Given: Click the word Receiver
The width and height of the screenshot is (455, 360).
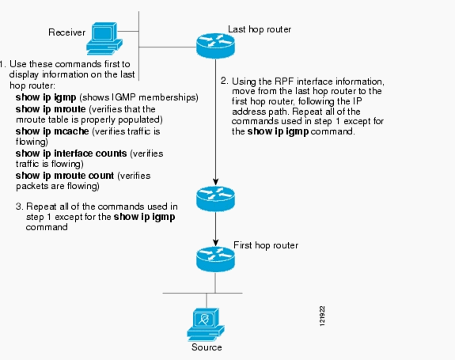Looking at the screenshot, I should [x=67, y=32].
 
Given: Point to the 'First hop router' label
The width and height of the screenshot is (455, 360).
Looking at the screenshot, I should [x=266, y=246].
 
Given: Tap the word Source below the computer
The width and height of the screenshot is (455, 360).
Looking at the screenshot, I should [x=206, y=347].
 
